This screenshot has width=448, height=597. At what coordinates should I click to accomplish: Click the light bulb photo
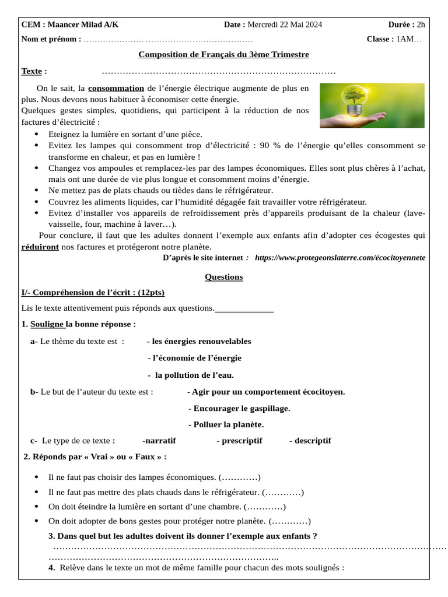tap(372, 106)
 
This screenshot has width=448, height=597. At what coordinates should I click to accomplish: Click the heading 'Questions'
tap(223, 277)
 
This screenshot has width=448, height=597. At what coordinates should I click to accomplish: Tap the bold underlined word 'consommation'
tap(116, 89)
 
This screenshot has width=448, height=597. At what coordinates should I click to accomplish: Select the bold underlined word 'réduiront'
tap(40, 247)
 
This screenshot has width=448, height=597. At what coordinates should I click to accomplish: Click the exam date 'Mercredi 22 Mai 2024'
tap(285, 24)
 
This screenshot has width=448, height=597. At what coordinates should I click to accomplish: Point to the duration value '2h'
tap(421, 24)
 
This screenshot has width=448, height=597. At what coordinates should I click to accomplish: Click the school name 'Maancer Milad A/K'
tap(83, 24)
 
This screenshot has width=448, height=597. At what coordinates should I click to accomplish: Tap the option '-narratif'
tap(159, 440)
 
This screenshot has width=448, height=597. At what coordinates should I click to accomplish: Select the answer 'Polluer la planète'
tap(226, 424)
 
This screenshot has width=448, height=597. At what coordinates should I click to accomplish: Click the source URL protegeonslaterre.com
tap(340, 257)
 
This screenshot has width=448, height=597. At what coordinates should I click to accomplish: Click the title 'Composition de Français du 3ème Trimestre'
tap(223, 55)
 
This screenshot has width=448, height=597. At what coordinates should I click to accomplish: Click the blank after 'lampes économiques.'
tap(240, 477)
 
